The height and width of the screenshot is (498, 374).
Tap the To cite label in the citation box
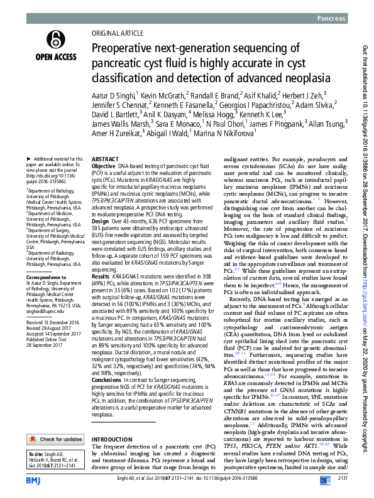pyautogui.click(x=24, y=435)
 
